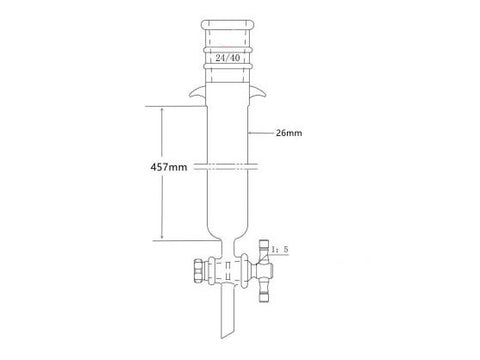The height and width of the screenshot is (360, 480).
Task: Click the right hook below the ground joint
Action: click(262, 96)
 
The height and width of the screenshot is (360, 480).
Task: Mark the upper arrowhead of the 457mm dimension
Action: click(158, 107)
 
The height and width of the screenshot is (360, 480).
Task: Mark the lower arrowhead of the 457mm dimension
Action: click(158, 237)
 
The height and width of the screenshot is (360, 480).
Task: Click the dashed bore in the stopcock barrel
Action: click(228, 270)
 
